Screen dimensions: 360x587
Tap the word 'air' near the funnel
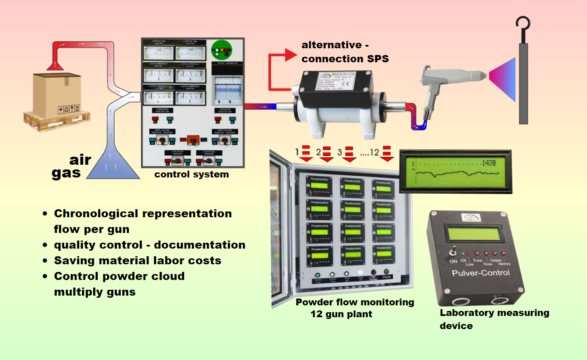pyautogui.click(x=80, y=160)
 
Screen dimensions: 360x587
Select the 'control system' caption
pyautogui.click(x=191, y=174)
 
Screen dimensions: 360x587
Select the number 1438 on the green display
pyautogui.click(x=488, y=162)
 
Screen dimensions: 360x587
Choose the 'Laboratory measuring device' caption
pyautogui.click(x=494, y=319)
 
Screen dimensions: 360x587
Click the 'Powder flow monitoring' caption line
pyautogui.click(x=355, y=302)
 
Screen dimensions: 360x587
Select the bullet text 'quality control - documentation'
pyautogui.click(x=149, y=245)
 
